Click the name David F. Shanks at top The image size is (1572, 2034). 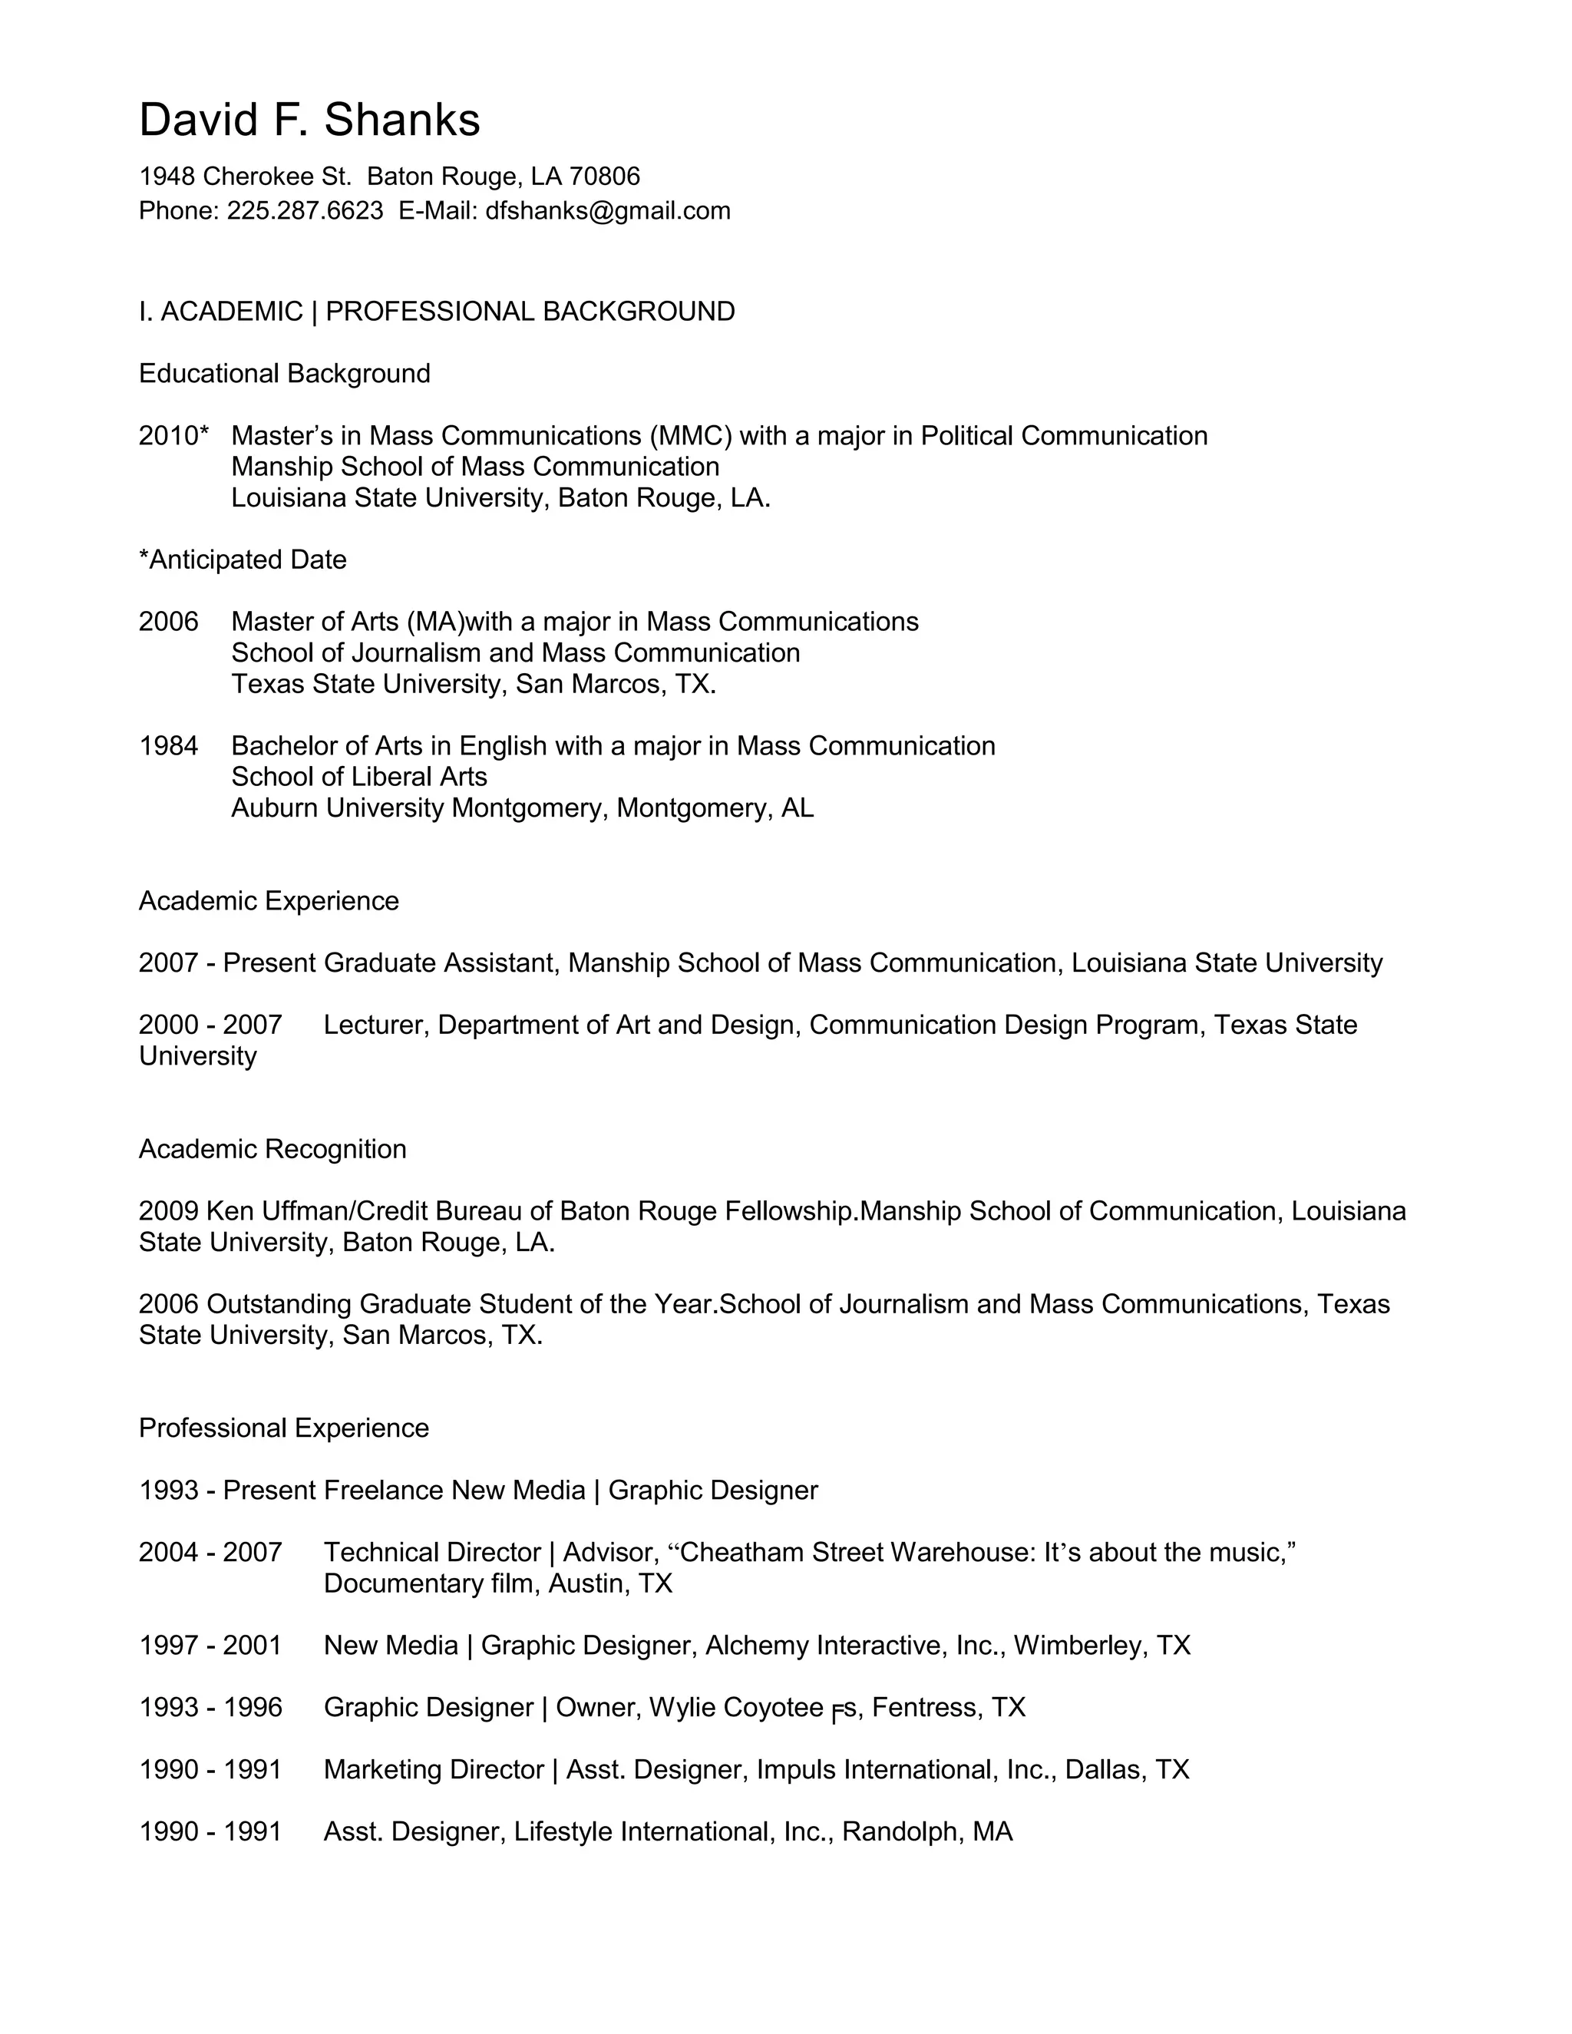tap(309, 121)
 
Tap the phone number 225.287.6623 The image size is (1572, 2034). tap(305, 211)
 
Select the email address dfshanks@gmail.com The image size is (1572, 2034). tap(607, 211)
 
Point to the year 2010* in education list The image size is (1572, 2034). tap(173, 436)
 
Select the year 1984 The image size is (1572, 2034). tap(169, 746)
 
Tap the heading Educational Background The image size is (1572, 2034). tap(284, 374)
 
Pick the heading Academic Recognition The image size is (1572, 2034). tap(272, 1149)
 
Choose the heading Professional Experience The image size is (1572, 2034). tap(283, 1428)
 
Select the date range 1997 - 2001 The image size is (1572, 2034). tap(210, 1646)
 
